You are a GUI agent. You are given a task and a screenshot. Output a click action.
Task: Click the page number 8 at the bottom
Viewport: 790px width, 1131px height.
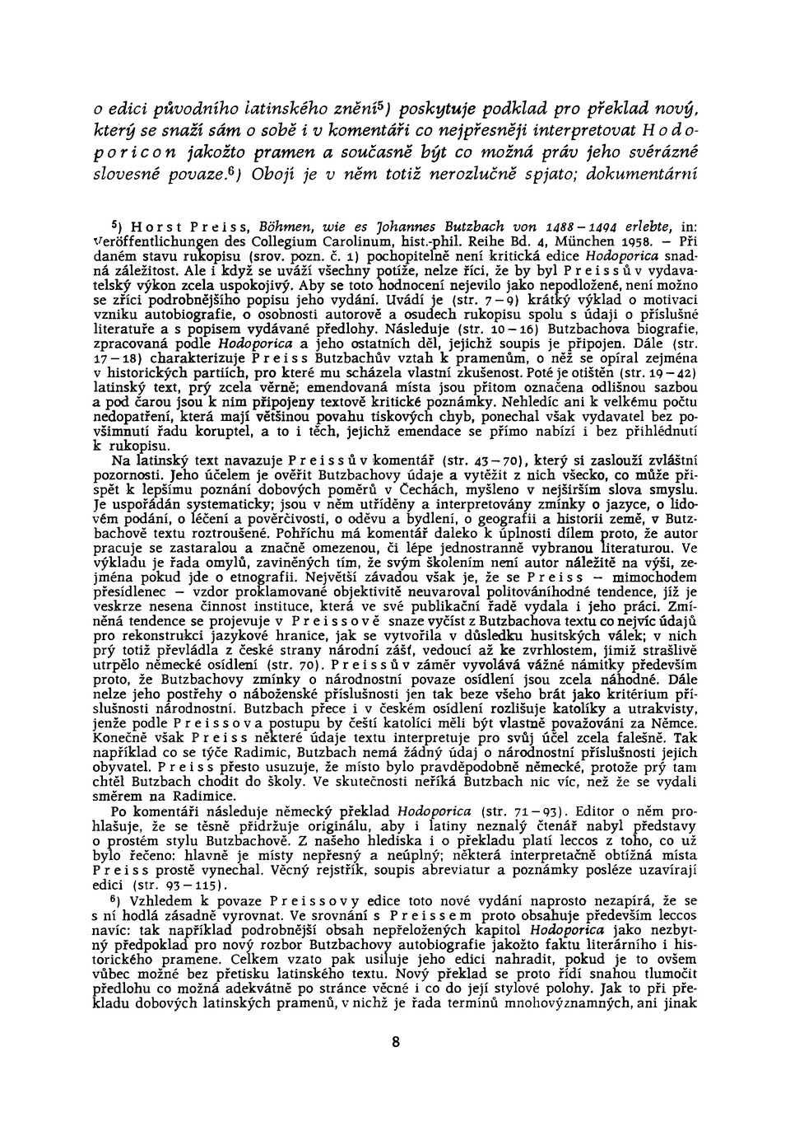point(396,1041)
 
